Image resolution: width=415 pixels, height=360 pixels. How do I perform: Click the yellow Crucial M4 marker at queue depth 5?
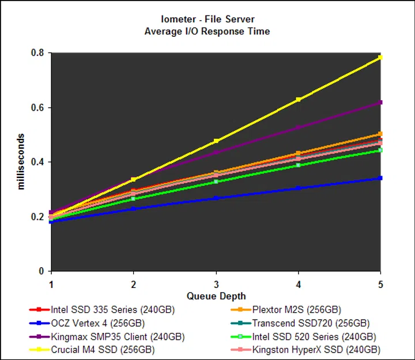[x=380, y=58]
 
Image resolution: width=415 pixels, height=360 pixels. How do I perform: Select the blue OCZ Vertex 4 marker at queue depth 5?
[x=380, y=178]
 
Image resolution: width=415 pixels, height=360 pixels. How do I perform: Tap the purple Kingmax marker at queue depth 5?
[x=380, y=103]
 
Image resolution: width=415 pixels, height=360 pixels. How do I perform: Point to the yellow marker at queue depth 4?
[x=298, y=100]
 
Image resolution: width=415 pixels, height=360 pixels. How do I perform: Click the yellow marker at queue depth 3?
[x=216, y=141]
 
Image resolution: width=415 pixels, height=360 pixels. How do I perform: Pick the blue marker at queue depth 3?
[x=216, y=198]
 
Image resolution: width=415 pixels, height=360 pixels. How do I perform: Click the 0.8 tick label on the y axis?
[x=39, y=53]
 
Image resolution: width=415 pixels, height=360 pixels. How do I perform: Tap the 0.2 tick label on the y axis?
[x=39, y=217]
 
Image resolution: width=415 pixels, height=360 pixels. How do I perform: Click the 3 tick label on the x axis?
[x=216, y=284]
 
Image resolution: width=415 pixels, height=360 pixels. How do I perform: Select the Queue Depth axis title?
[x=216, y=296]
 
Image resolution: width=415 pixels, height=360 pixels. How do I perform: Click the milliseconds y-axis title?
[x=21, y=162]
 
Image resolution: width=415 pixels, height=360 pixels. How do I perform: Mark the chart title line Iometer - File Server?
[x=207, y=19]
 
